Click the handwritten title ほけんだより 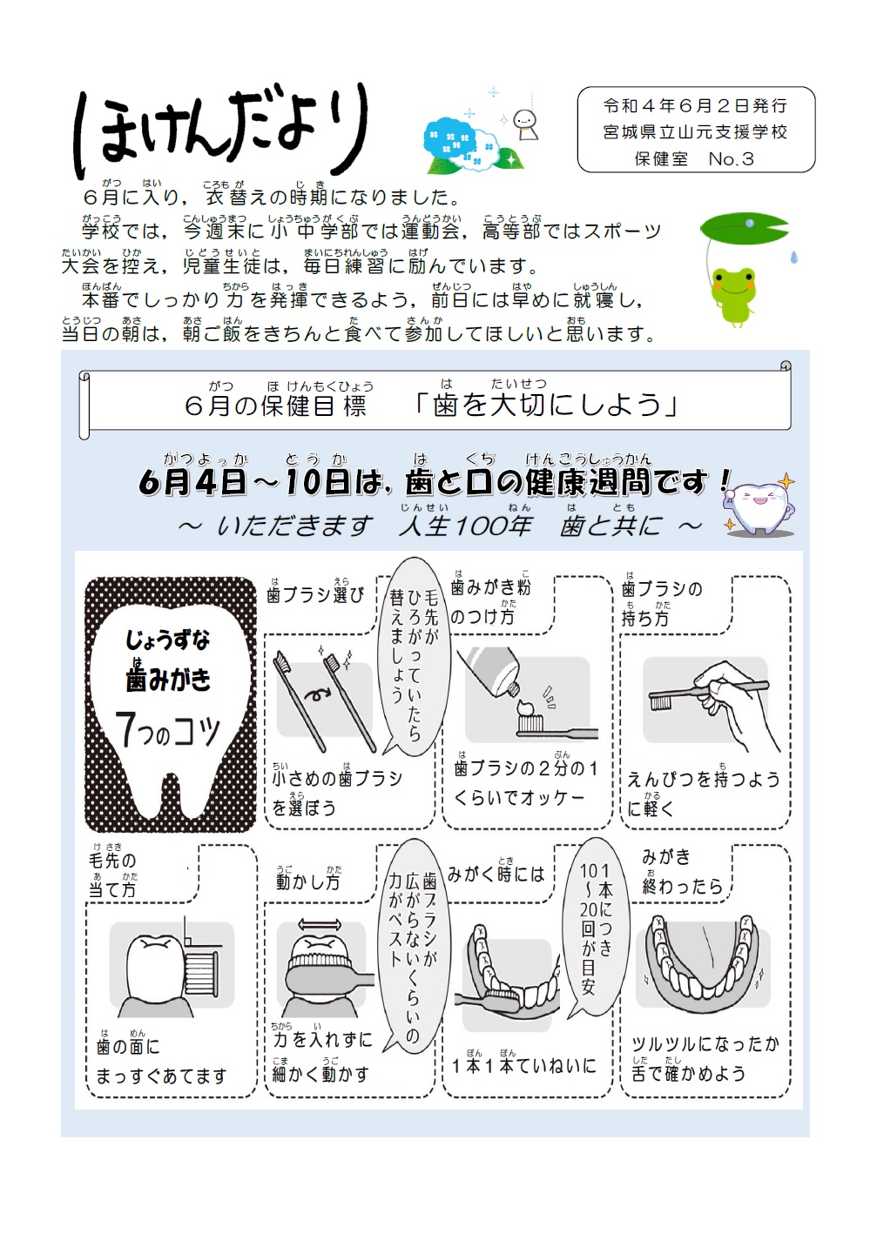coord(222,131)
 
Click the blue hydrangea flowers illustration coord(462,146)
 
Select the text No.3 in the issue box coord(731,159)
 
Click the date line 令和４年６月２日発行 coord(695,106)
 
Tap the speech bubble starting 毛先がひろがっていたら coord(415,666)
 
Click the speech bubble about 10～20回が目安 coord(596,927)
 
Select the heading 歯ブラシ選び coord(315,595)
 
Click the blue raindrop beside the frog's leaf coord(793,257)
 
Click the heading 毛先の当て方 coord(114,875)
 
